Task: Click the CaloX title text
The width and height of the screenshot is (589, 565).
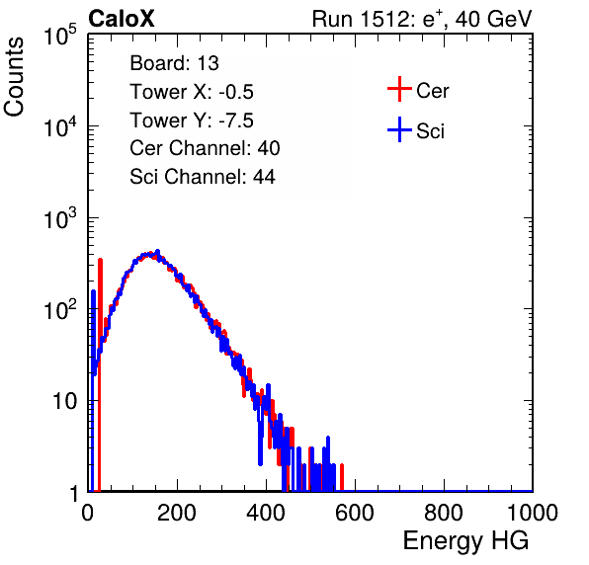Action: pyautogui.click(x=122, y=19)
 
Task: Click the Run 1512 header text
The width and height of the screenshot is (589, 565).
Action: pyautogui.click(x=422, y=19)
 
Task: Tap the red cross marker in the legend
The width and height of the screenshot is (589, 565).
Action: pyautogui.click(x=399, y=89)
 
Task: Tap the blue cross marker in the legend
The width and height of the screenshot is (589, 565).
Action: pyautogui.click(x=399, y=129)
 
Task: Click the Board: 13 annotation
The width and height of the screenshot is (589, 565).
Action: pyautogui.click(x=174, y=63)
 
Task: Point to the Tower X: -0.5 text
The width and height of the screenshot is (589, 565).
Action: pyautogui.click(x=192, y=92)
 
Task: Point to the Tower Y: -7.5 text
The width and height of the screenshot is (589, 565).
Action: pyautogui.click(x=192, y=121)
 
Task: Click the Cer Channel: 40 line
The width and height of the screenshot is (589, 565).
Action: pyautogui.click(x=205, y=148)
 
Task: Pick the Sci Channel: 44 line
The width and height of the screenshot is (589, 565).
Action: pyautogui.click(x=203, y=177)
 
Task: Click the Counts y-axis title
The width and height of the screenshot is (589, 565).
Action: pyautogui.click(x=14, y=77)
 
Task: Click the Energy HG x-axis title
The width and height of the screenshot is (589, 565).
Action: pyautogui.click(x=465, y=541)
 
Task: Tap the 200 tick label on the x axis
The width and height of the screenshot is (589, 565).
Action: pyautogui.click(x=177, y=513)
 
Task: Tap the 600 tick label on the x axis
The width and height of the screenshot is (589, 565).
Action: pyautogui.click(x=355, y=513)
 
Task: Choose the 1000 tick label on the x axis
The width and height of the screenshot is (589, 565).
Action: pyautogui.click(x=533, y=513)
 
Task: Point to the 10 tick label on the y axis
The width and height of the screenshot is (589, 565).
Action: pyautogui.click(x=65, y=401)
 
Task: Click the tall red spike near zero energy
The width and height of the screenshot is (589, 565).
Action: pyautogui.click(x=100, y=374)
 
